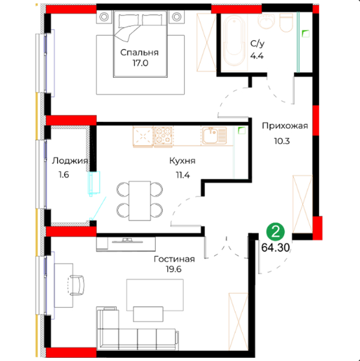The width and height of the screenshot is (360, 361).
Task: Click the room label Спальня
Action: click(139, 52)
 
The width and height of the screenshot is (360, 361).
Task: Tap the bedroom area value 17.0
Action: click(140, 63)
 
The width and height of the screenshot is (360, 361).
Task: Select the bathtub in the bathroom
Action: click(234, 41)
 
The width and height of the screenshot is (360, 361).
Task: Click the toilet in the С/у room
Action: click(286, 22)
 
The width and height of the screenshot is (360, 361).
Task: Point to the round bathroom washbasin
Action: click(267, 21)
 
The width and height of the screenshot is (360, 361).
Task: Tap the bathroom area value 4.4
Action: click(257, 56)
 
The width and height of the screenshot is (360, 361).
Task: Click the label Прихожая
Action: click(285, 126)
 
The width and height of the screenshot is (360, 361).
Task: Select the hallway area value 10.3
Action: click(282, 141)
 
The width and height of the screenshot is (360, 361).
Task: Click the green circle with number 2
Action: click(276, 232)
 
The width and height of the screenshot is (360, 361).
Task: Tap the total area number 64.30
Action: click(276, 248)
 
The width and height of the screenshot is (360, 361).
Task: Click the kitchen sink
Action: click(214, 135)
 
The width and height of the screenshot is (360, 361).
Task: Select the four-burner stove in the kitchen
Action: click(163, 136)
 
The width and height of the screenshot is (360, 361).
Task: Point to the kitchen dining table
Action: click(139, 200)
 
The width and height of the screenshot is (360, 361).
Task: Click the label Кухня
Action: click(182, 161)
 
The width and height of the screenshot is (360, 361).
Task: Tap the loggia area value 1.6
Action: click(64, 175)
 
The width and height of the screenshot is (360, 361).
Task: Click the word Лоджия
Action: click(69, 161)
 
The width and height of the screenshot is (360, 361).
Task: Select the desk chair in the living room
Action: click(76, 285)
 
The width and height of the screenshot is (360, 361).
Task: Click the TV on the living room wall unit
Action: click(127, 241)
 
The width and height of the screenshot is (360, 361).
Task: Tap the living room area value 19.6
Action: click(174, 269)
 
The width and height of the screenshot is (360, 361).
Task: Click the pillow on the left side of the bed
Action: click(129, 19)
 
